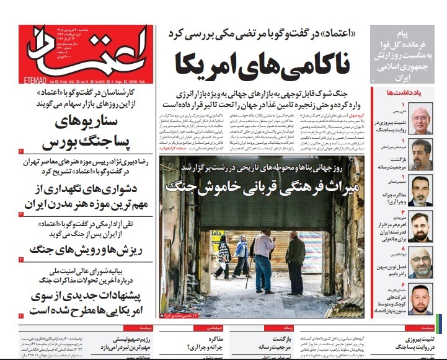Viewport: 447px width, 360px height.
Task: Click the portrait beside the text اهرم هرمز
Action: (x=420, y=226)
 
